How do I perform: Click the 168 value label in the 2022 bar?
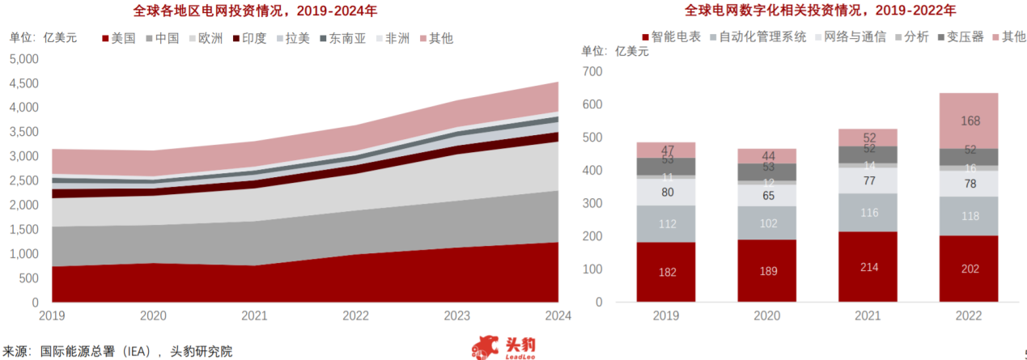pos(970,121)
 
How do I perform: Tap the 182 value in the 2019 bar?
pos(667,272)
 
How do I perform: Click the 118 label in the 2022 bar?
pos(970,217)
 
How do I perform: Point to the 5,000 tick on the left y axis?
pos(24,59)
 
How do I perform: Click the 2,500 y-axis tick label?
pos(24,180)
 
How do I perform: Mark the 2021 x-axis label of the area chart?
pos(255,316)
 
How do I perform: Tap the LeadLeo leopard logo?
pos(486,347)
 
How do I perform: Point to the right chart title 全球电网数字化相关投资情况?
pos(801,11)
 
